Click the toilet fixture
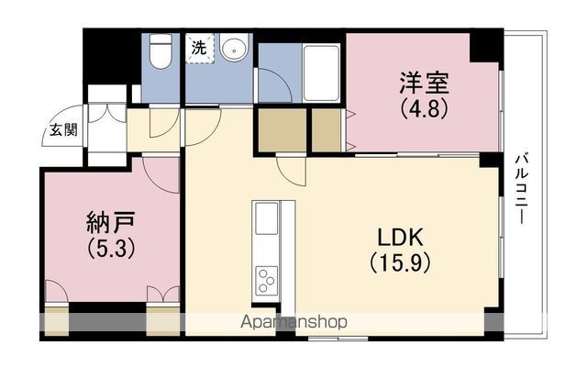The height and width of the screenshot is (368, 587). point(161,51)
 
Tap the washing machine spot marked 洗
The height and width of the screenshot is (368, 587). point(200,49)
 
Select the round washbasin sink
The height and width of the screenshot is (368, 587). point(235,47)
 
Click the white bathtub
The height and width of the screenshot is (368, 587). point(321,72)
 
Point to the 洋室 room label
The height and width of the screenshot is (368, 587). point(424,83)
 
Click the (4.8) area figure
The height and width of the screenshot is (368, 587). point(424,108)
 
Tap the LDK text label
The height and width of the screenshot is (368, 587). point(400,238)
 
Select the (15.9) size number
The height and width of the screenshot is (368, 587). point(400,262)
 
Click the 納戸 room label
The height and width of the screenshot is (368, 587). point(110,223)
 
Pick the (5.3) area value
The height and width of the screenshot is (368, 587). point(110,249)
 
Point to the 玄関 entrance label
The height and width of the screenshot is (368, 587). point(63,130)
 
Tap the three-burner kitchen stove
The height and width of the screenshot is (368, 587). point(267,280)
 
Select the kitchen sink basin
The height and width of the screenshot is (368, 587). point(266,218)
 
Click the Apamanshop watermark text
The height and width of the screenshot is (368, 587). point(293,322)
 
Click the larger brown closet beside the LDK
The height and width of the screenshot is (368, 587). point(282,130)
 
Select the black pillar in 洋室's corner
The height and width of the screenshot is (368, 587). point(484,47)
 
